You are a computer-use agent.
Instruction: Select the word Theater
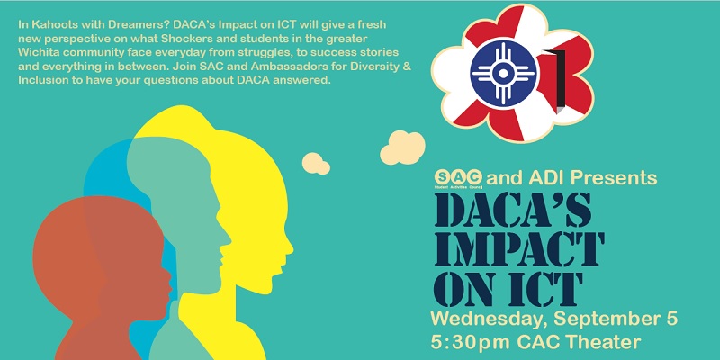pyautogui.click(x=622, y=343)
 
